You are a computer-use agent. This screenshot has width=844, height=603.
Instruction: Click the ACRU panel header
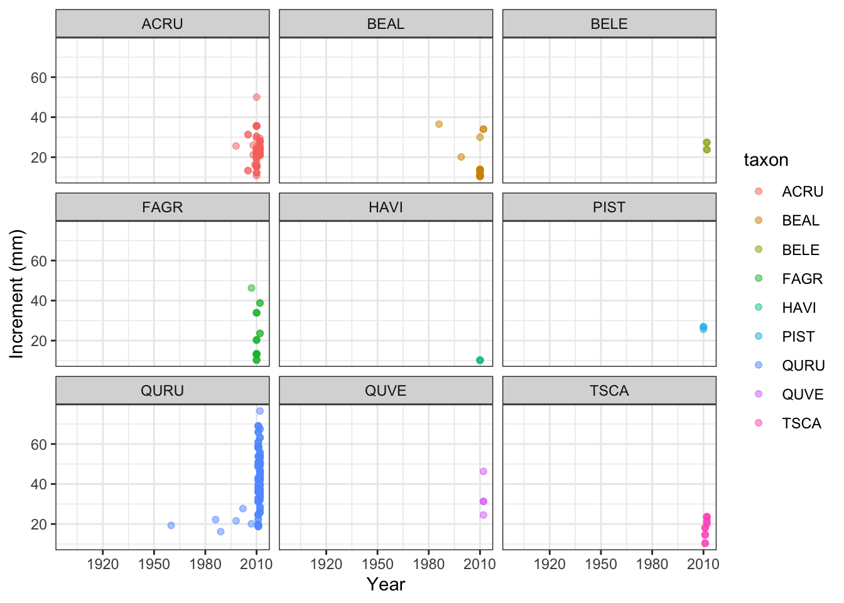[x=163, y=24]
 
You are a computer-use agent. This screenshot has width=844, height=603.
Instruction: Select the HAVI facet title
[x=386, y=207]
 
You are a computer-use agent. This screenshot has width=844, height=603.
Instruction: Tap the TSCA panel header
[x=609, y=391]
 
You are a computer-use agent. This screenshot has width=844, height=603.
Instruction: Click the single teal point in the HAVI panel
[x=480, y=361]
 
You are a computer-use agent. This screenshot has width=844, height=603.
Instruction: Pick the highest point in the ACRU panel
[x=256, y=97]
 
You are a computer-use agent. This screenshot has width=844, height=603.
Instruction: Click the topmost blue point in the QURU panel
[x=259, y=411]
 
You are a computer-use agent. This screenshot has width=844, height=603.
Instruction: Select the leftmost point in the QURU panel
[x=171, y=525]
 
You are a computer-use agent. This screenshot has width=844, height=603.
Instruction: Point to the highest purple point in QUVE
[x=483, y=472]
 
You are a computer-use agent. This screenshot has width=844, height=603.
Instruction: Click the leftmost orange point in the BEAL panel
[x=439, y=124]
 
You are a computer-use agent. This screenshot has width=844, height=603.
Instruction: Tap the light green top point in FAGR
[x=251, y=288]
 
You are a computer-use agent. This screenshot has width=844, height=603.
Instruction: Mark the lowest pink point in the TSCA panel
[x=705, y=543]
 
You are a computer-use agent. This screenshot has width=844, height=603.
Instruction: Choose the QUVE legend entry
[x=791, y=394]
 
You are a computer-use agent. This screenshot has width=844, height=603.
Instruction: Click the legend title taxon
[x=766, y=160]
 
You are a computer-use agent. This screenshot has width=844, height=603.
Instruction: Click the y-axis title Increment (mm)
[x=16, y=293]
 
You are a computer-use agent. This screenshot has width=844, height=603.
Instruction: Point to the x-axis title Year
[x=386, y=585]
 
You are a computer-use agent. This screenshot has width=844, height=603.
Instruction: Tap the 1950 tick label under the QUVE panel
[x=377, y=564]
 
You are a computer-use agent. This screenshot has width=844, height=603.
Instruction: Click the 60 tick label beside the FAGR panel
[x=38, y=261]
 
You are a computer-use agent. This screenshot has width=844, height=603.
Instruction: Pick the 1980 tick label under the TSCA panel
[x=652, y=564]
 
